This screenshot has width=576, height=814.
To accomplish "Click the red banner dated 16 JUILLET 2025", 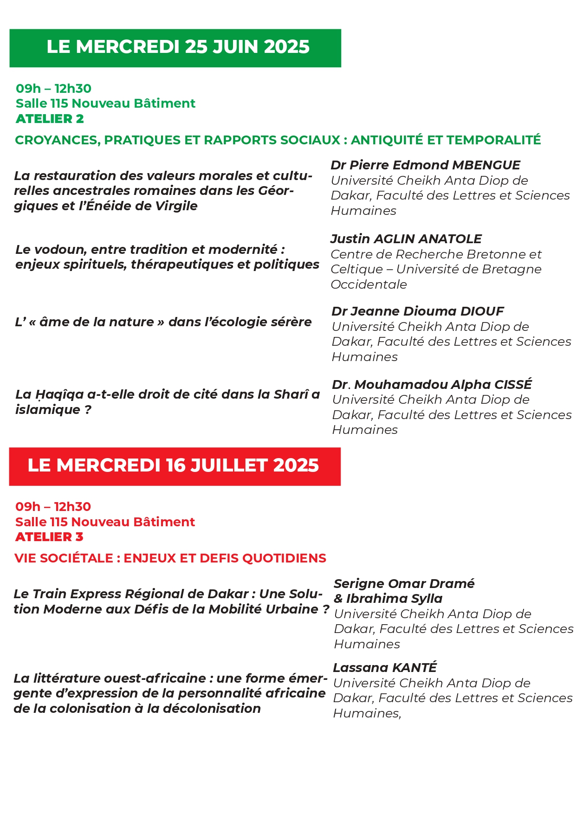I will [x=175, y=466].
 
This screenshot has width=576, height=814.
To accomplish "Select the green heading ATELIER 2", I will [x=50, y=119].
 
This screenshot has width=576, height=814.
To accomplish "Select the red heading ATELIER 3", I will [x=49, y=537].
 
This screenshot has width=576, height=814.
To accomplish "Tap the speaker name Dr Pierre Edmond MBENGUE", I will [x=425, y=165].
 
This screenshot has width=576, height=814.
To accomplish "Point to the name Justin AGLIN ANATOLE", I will [x=406, y=239].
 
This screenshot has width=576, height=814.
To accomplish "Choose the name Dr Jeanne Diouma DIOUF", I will [x=417, y=311].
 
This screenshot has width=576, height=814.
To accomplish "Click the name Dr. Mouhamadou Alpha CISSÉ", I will [x=432, y=384].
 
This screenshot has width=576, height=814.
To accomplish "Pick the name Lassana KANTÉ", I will [x=385, y=668].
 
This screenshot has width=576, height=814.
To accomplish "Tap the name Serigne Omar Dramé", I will [x=404, y=584].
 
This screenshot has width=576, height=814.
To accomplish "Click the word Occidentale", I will [x=369, y=284].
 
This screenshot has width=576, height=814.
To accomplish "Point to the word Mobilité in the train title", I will [x=237, y=609].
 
